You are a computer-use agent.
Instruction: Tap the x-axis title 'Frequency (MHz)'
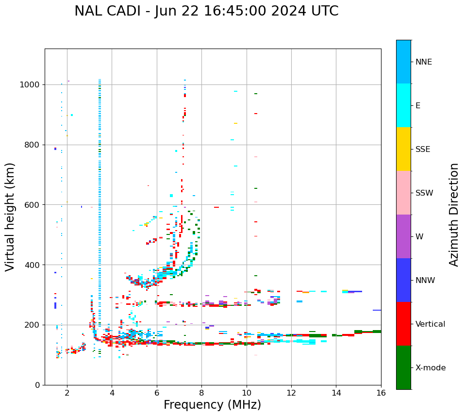click(x=212, y=405)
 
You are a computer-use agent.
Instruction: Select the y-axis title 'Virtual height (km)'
click(x=10, y=216)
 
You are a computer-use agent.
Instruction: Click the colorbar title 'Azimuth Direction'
click(x=454, y=215)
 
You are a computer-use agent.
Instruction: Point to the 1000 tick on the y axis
click(x=30, y=84)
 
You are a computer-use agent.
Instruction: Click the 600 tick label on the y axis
click(x=32, y=205)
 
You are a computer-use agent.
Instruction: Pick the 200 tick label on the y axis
click(x=32, y=325)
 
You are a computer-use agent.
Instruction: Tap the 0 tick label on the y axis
click(x=37, y=385)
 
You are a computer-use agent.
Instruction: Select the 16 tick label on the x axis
click(x=381, y=393)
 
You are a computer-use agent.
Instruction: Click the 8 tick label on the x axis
click(x=201, y=393)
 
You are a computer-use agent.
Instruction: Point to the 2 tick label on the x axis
click(x=67, y=393)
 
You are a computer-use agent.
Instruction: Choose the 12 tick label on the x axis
click(x=291, y=393)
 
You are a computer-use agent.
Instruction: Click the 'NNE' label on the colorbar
click(x=424, y=62)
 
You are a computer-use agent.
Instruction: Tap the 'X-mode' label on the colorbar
click(x=431, y=368)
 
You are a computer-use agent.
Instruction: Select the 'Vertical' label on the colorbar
click(x=430, y=324)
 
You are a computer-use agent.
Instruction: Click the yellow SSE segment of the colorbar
click(x=403, y=149)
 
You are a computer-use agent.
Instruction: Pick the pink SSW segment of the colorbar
click(x=403, y=193)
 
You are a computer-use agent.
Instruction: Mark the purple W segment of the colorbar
click(x=403, y=236)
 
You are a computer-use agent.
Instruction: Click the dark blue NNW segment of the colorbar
click(x=403, y=280)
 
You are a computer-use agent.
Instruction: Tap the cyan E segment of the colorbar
click(x=403, y=105)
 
